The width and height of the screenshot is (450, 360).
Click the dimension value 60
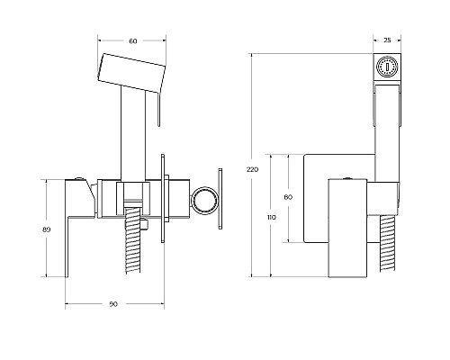click(x=133, y=41)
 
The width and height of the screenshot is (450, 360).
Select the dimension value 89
click(x=47, y=229)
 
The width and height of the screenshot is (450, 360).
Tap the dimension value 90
click(x=113, y=304)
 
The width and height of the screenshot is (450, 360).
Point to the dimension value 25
click(x=387, y=40)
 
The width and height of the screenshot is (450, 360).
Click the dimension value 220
click(x=252, y=169)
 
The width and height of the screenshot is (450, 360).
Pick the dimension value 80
click(x=288, y=197)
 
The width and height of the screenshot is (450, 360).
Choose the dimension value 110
click(x=272, y=217)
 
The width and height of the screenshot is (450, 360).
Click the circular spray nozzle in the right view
click(x=387, y=67)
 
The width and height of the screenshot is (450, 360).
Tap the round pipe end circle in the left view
click(x=204, y=201)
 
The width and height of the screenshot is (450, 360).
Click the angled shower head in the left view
click(x=131, y=73)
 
